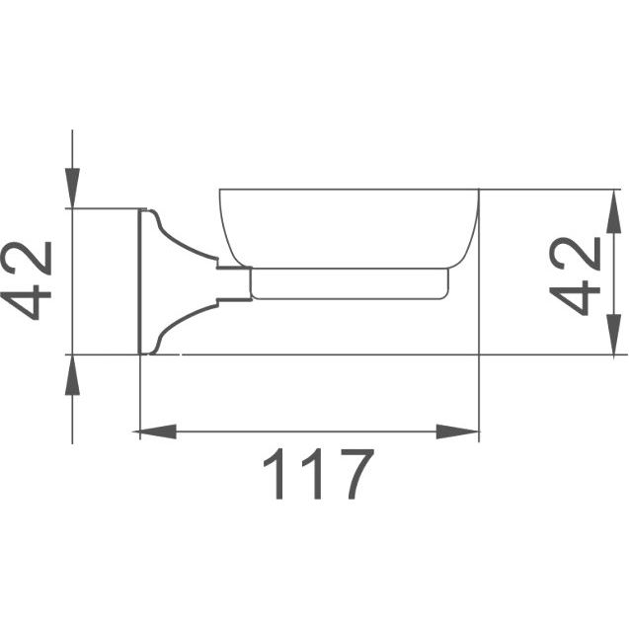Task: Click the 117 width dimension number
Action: click(319, 474)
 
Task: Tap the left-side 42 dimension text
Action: click(26, 280)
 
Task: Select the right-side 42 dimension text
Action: click(575, 276)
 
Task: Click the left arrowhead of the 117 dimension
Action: click(155, 432)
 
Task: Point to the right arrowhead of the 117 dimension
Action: click(458, 432)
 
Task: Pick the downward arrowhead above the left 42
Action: click(73, 189)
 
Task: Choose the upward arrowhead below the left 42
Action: click(73, 375)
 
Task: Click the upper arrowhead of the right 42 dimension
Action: click(614, 211)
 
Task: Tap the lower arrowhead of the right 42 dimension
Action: click(614, 334)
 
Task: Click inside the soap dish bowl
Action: click(349, 228)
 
